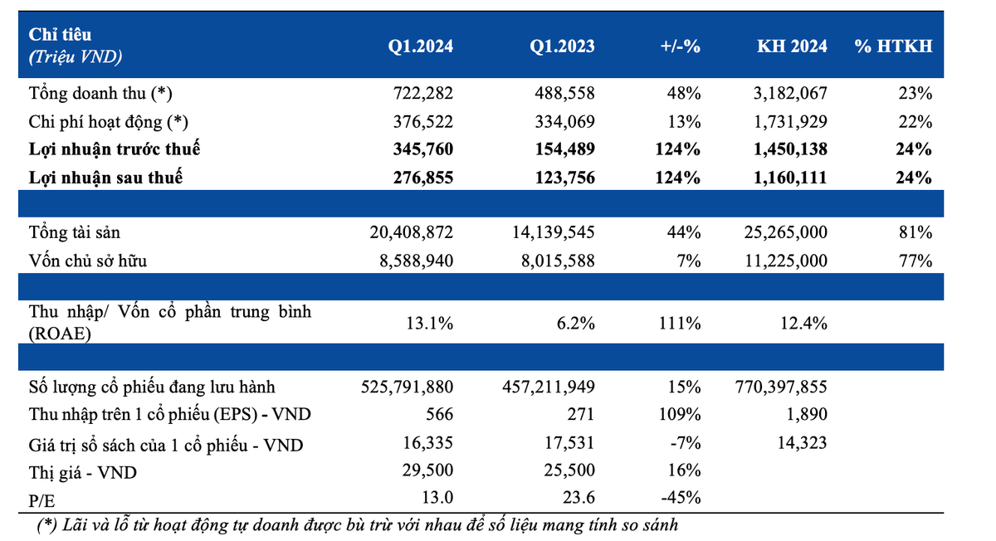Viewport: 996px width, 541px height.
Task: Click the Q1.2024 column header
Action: (x=420, y=46)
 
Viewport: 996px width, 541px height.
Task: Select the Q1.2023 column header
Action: (x=562, y=46)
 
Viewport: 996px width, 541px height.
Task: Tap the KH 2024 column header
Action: (x=792, y=46)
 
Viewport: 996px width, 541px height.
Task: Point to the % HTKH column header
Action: (x=893, y=46)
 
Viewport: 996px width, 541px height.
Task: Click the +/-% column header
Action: (x=681, y=46)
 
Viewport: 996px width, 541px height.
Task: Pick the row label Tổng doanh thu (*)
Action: (x=100, y=94)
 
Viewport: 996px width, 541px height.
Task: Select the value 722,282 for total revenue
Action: (x=422, y=94)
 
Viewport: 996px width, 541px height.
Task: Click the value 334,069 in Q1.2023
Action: (x=564, y=122)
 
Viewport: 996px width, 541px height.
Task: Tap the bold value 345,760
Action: (x=422, y=149)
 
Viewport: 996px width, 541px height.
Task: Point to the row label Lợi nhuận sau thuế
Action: (x=106, y=178)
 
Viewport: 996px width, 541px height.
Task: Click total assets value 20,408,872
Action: (x=412, y=232)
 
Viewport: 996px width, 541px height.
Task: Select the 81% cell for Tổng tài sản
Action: (x=915, y=232)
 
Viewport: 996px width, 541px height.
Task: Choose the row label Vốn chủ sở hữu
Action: (x=88, y=261)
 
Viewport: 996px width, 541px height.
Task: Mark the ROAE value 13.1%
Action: (x=430, y=324)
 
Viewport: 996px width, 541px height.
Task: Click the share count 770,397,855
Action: (x=781, y=387)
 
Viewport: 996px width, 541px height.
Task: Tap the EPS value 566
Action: (x=439, y=414)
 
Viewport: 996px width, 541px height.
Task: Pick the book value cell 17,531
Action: (x=569, y=443)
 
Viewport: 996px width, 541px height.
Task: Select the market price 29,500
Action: (x=427, y=470)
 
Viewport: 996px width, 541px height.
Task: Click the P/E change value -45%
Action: (x=681, y=497)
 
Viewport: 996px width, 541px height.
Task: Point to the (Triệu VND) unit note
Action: (x=76, y=57)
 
